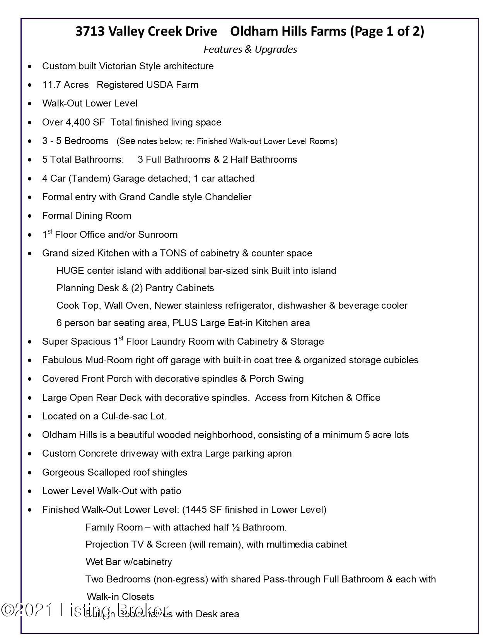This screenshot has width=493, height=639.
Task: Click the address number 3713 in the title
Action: click(90, 31)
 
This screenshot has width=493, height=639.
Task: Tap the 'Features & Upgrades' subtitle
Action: click(250, 49)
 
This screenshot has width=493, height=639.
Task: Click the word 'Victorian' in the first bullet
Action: click(118, 66)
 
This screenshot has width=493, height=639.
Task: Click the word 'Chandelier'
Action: click(228, 197)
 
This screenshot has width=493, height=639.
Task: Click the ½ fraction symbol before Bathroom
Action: click(236, 527)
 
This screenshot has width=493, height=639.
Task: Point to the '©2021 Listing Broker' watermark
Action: click(85, 610)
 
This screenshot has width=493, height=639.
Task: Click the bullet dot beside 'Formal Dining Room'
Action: click(30, 216)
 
